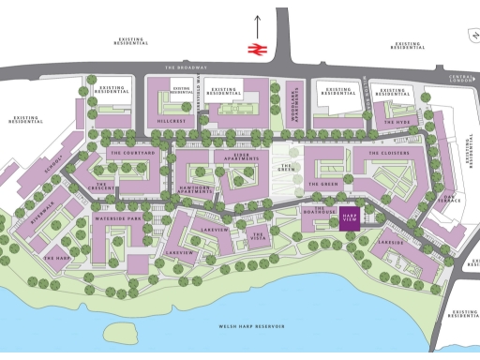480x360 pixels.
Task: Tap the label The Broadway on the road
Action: coord(183,67)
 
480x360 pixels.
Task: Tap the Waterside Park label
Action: coord(117,218)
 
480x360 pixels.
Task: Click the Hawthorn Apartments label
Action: coord(195,192)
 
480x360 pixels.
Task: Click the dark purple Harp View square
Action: coord(350,218)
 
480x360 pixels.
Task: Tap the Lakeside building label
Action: coord(391,243)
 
